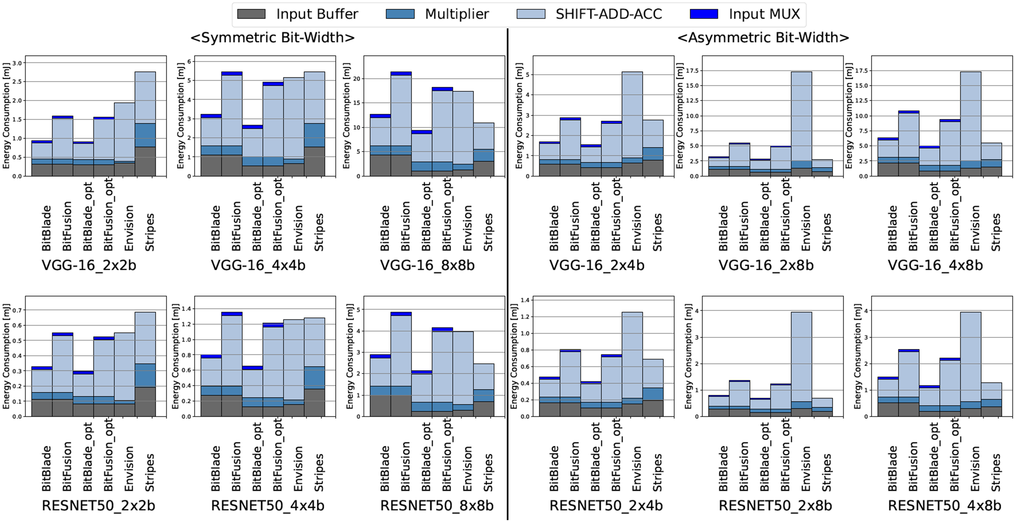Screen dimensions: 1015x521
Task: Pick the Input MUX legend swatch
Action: coord(704,14)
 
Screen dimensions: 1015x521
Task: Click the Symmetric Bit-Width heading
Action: coord(272,37)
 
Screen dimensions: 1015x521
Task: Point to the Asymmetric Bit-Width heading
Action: coord(763,37)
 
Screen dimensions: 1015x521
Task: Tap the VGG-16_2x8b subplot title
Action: coord(766,265)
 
